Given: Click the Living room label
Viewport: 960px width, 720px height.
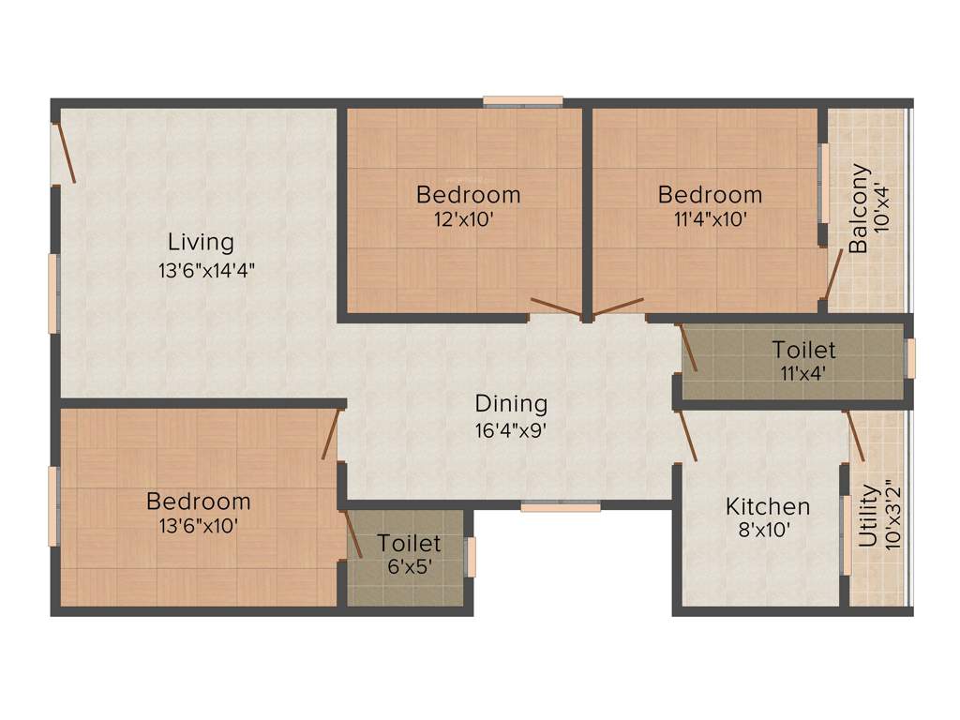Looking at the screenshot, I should point(201,242).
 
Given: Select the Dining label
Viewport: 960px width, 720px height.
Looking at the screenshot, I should point(511,404).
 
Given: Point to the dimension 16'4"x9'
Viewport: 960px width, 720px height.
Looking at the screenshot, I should point(511,432).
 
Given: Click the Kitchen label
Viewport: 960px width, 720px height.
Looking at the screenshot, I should point(768,507).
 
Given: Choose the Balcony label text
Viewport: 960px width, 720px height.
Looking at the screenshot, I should point(859,208).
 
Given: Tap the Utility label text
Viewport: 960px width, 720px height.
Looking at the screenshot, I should point(868,516).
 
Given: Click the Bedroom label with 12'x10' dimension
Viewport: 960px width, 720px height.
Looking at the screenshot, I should point(468,195).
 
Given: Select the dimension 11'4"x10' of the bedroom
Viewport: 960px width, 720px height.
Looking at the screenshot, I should point(710,220).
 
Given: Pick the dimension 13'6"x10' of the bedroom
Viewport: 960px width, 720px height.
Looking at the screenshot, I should point(198,526).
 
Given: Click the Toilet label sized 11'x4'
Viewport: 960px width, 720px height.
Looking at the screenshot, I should point(803,351).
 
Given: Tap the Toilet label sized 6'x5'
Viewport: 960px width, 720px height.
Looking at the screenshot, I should point(409,544).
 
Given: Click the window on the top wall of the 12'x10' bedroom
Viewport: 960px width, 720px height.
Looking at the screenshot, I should point(523,100).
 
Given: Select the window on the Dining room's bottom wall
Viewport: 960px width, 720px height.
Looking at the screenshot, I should point(561,507).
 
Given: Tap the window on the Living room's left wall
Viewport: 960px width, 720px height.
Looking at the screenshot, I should point(54,292).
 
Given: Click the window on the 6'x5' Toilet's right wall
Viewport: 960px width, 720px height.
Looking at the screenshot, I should point(472,557).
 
